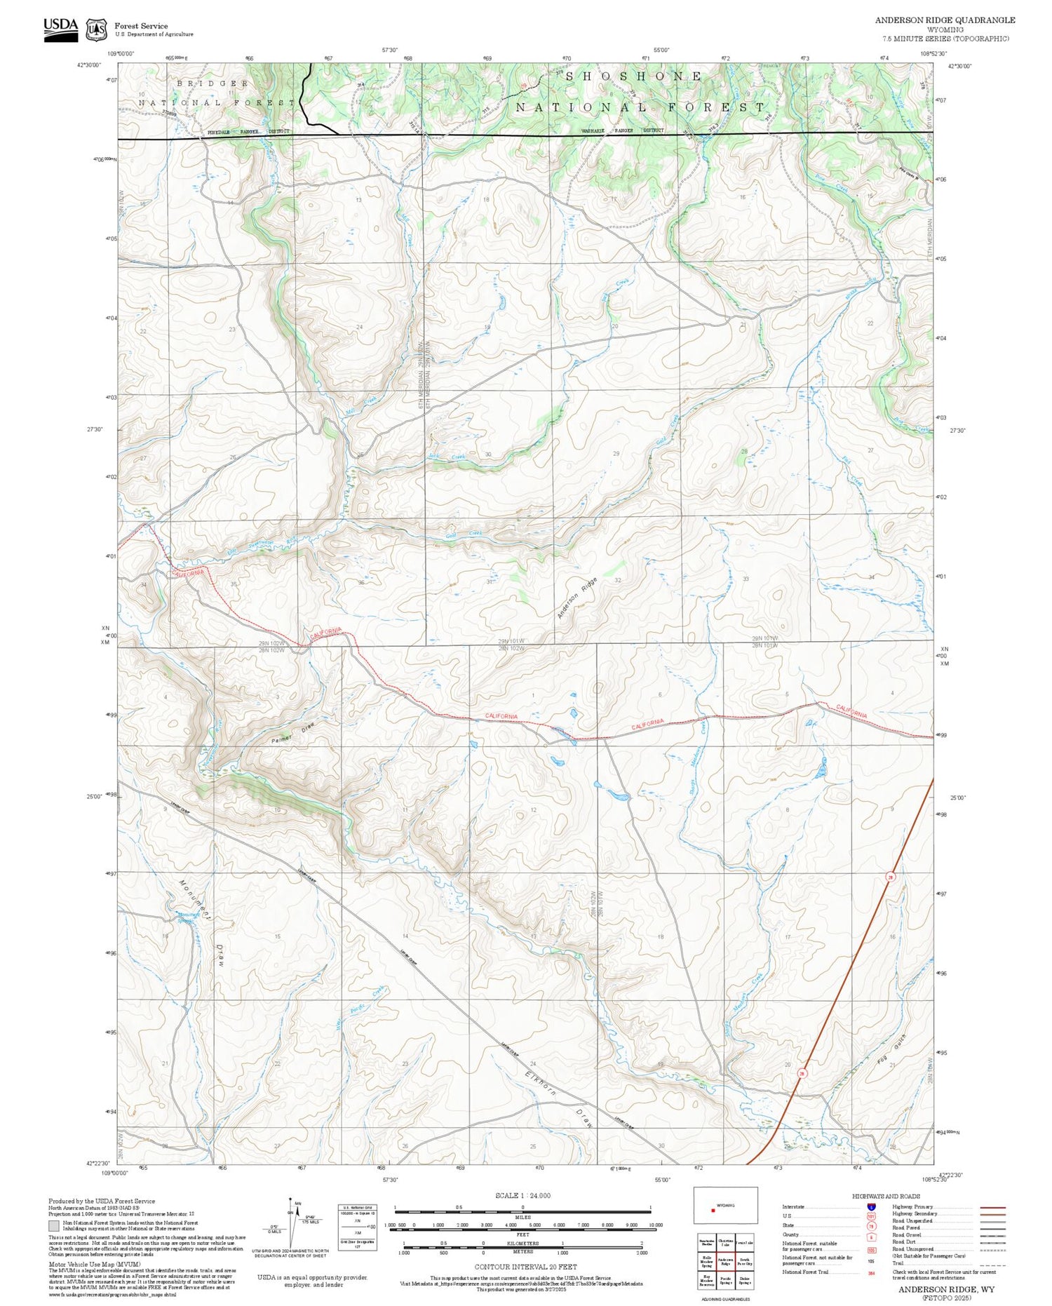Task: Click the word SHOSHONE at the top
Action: coord(633,76)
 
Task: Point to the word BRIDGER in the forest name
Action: coord(213,83)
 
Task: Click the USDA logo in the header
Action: coord(60,29)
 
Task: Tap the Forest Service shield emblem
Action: coord(96,30)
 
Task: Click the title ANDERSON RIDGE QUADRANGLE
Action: coord(945,20)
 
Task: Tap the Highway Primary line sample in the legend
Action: coord(991,1208)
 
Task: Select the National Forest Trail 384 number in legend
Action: coord(871,1272)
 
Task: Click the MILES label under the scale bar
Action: coord(522,1218)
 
